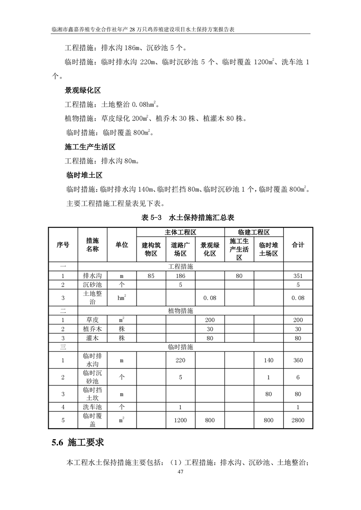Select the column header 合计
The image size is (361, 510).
coord(298,245)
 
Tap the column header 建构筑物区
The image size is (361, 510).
coord(151,249)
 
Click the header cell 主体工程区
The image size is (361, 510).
coord(180,232)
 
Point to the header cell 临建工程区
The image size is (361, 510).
coord(254,232)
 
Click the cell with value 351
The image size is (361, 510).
coord(298,275)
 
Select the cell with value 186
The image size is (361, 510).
coord(180,275)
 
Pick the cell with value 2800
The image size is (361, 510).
coord(298,420)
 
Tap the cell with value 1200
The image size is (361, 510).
coord(180,420)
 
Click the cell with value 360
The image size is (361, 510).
coord(298,360)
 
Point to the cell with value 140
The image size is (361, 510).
coord(269,360)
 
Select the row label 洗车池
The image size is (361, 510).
coord(92,407)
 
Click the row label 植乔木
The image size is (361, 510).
coord(92,329)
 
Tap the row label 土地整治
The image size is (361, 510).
coord(92,298)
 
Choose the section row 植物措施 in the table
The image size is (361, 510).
coord(180,311)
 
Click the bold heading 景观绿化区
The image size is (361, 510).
coord(82,90)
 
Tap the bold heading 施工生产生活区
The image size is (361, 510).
coord(90,147)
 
